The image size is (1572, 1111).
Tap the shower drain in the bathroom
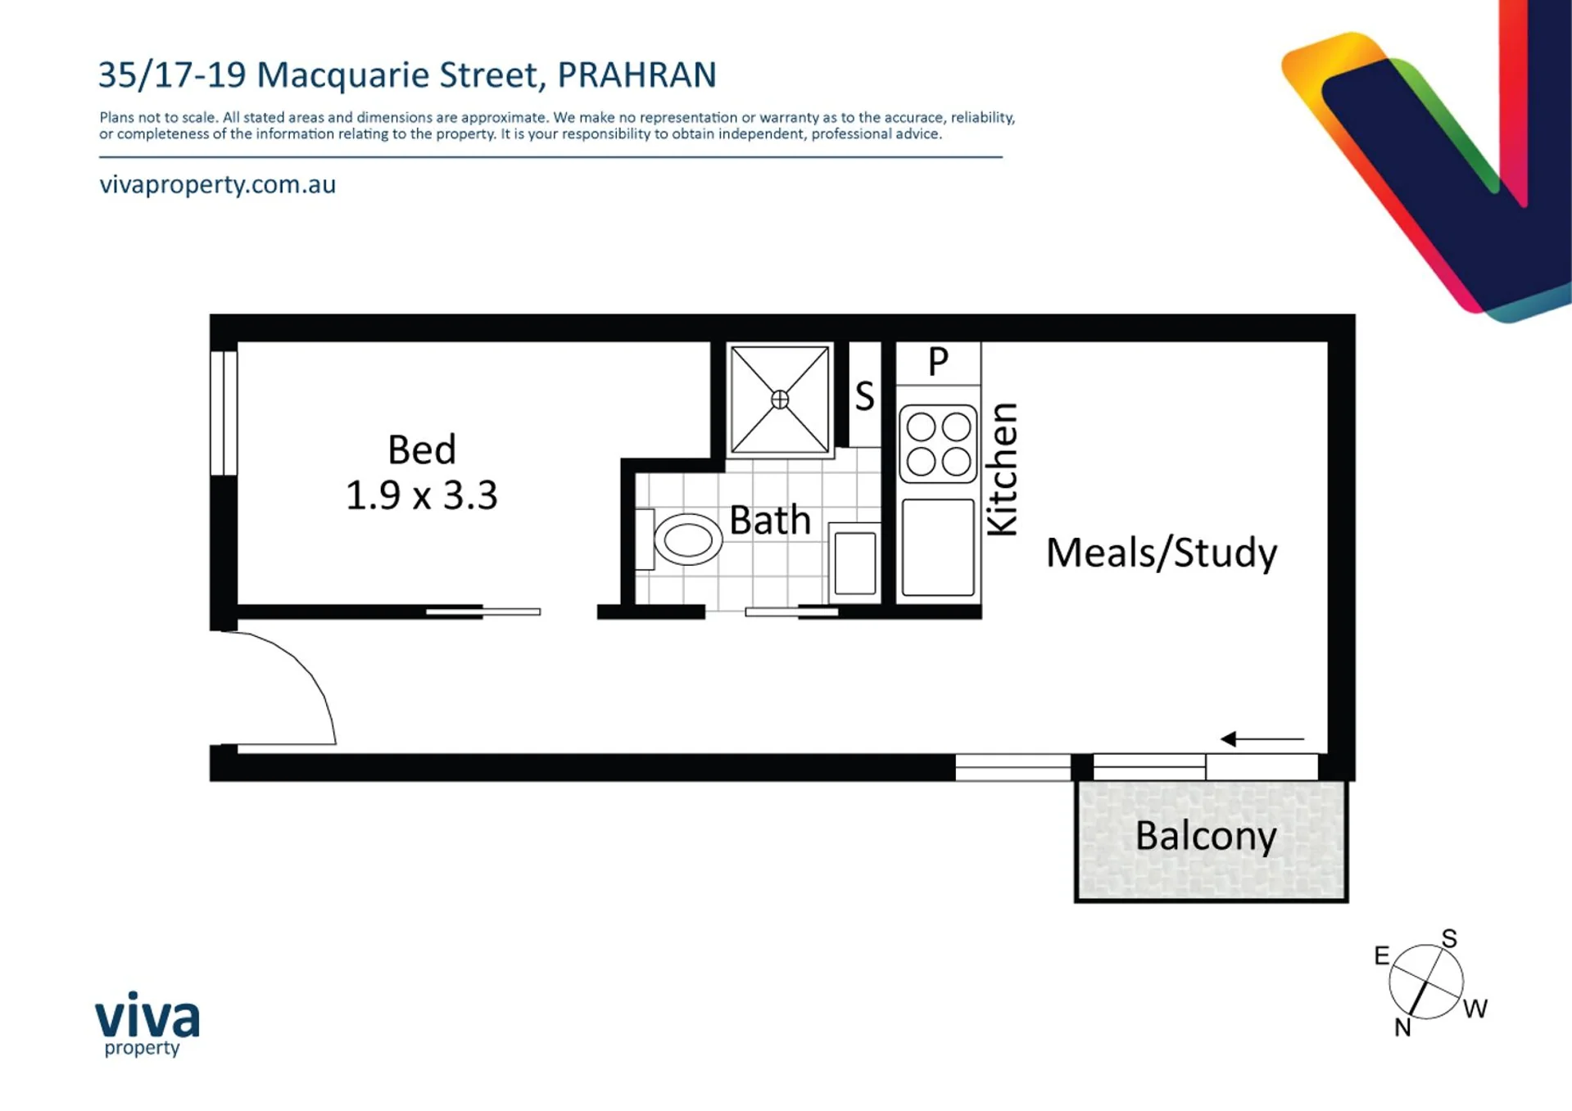780,400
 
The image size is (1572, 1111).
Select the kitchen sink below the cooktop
938,547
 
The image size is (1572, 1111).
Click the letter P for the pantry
938,361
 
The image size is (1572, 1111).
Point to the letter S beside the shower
864,396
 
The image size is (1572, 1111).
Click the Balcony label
1206,837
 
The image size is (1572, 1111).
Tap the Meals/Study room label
1162,553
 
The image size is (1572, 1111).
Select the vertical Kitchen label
1002,469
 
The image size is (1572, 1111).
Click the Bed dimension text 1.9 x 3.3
421,495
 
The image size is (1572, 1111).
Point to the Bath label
770,521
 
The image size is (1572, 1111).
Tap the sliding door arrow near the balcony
1262,739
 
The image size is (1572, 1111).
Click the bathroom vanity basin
855,563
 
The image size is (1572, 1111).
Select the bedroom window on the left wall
224,413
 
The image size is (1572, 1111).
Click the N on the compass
1402,1027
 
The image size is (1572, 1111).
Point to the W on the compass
1475,1009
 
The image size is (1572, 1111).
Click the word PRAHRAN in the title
637,75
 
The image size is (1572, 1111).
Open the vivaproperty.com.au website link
218,185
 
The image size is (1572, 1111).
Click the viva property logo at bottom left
147,1023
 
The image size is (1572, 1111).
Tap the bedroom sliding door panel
483,612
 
